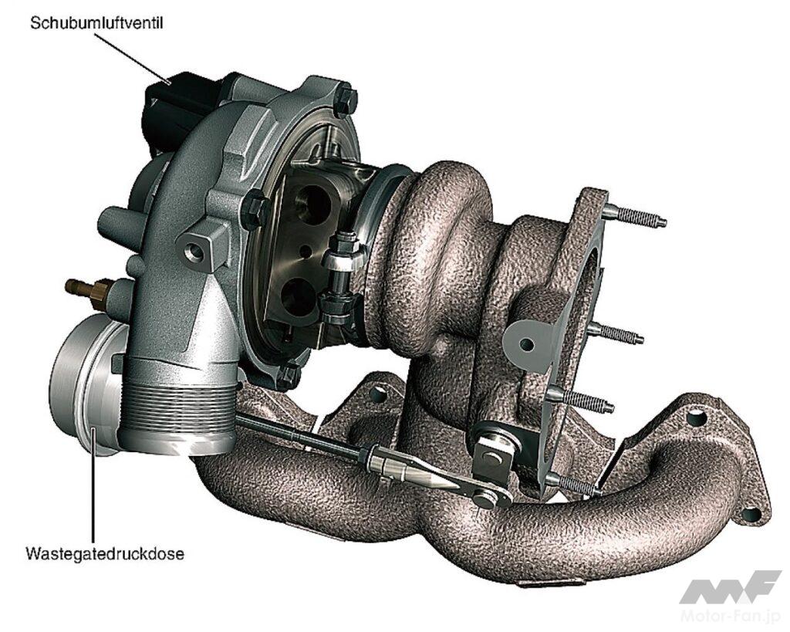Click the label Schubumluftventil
pos(96,23)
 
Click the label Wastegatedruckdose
pos(105,554)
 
